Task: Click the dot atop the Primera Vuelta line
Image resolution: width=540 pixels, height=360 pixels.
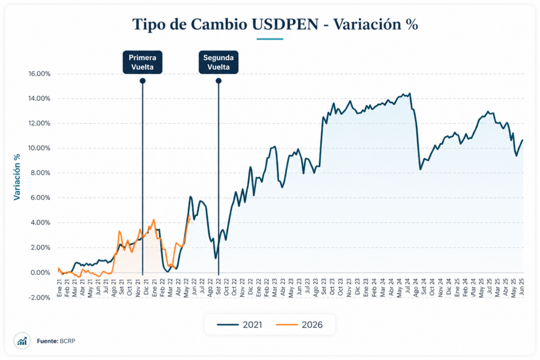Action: coord(142,81)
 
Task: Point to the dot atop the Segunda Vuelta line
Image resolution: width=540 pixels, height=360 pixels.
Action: coord(218,81)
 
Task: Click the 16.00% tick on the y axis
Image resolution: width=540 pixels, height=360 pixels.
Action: coord(39,74)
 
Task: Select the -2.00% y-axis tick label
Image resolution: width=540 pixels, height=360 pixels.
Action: coord(39,297)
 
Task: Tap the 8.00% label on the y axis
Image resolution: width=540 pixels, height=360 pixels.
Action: coord(40,173)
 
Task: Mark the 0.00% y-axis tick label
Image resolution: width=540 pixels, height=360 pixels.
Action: coord(40,273)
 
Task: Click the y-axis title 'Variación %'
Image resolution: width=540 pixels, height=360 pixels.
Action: coord(17,177)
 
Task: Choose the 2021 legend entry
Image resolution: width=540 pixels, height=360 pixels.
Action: coord(239,325)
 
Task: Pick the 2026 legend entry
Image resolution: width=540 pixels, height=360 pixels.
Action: coord(299,325)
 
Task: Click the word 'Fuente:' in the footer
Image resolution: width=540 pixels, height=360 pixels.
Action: coord(47,342)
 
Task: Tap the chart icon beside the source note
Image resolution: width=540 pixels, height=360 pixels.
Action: coord(22,341)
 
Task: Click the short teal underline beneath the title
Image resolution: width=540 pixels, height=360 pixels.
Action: coord(269,38)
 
